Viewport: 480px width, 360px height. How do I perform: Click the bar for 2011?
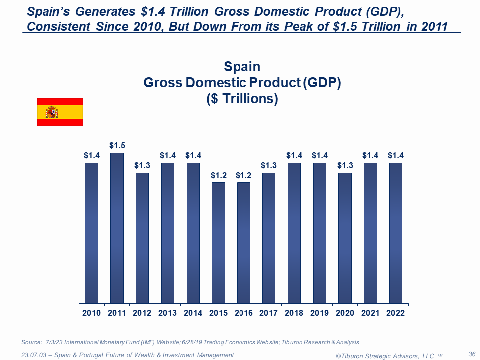click(117, 228)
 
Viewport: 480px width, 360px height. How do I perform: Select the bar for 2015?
click(219, 243)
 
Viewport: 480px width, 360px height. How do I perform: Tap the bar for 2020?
click(345, 238)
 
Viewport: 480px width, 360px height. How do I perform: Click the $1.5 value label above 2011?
click(117, 146)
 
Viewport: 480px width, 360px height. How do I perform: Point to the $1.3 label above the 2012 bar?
click(142, 166)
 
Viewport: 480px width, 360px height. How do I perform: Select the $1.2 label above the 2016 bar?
click(244, 176)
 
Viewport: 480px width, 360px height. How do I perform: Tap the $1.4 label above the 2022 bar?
click(396, 156)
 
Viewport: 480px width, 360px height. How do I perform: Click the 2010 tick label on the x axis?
click(91, 313)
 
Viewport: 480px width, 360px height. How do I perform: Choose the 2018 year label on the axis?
click(294, 313)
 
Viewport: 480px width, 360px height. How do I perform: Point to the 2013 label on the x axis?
click(168, 313)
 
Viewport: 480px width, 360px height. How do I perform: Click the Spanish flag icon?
click(60, 112)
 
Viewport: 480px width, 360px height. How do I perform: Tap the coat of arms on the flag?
click(52, 112)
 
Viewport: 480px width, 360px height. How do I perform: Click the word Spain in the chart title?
click(242, 67)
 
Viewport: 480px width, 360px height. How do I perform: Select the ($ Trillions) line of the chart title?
click(242, 99)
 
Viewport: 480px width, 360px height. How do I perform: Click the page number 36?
click(472, 354)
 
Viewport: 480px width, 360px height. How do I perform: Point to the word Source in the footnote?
click(32, 342)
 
